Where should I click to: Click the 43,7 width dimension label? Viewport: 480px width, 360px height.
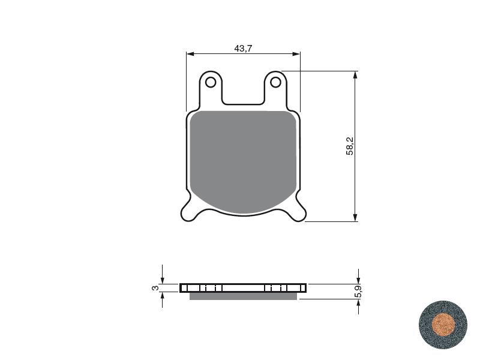point(243,49)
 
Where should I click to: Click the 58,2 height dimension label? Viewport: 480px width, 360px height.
point(350,146)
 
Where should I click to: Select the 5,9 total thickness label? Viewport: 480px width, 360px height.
point(358,291)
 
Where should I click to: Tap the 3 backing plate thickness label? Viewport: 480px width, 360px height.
point(155,288)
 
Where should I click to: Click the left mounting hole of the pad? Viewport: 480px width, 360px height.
point(211,82)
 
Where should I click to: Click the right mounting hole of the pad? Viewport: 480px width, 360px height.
point(275,82)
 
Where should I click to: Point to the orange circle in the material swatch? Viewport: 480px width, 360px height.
point(443,325)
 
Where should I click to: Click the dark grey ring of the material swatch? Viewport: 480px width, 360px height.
point(426,325)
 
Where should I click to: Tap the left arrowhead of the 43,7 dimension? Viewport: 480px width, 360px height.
point(190,54)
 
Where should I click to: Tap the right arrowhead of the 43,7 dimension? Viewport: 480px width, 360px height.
point(296,54)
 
